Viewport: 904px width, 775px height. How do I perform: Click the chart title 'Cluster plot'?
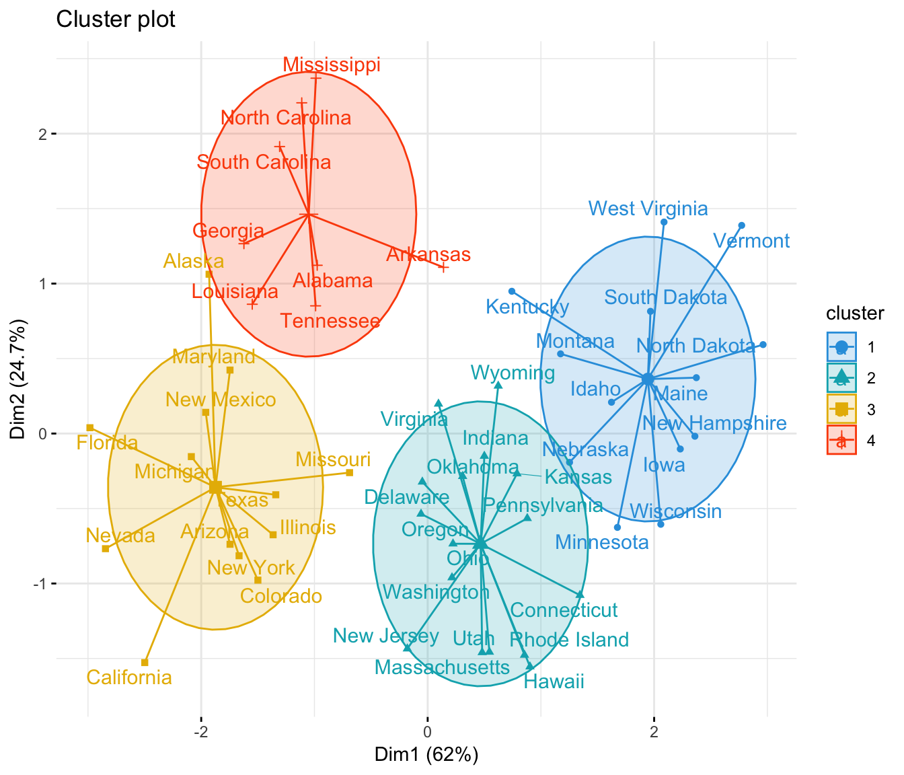click(116, 20)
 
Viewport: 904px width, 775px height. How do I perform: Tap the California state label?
click(129, 677)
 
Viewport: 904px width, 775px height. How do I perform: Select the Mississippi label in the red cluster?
click(332, 65)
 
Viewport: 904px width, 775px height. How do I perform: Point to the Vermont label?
click(751, 241)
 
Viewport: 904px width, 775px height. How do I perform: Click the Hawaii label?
click(554, 682)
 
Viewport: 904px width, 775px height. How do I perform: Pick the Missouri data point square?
click(350, 473)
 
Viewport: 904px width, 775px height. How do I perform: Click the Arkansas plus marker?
click(443, 268)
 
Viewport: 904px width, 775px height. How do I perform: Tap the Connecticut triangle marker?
click(580, 595)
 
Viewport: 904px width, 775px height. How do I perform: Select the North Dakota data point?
click(763, 345)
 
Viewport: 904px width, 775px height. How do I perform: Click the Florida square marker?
click(89, 428)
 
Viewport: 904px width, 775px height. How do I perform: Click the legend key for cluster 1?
click(841, 347)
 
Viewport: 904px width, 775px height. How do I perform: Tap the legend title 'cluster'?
click(855, 313)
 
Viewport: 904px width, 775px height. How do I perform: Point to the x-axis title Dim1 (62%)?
click(426, 755)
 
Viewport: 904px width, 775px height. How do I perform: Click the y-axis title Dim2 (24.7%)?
click(18, 381)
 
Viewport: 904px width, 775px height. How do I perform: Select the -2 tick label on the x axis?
click(200, 732)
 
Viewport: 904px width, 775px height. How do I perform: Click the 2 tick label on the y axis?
click(42, 134)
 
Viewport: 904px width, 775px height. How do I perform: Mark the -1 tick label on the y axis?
click(39, 584)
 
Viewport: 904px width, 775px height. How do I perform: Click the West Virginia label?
click(648, 209)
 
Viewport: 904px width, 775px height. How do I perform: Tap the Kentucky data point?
click(512, 291)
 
